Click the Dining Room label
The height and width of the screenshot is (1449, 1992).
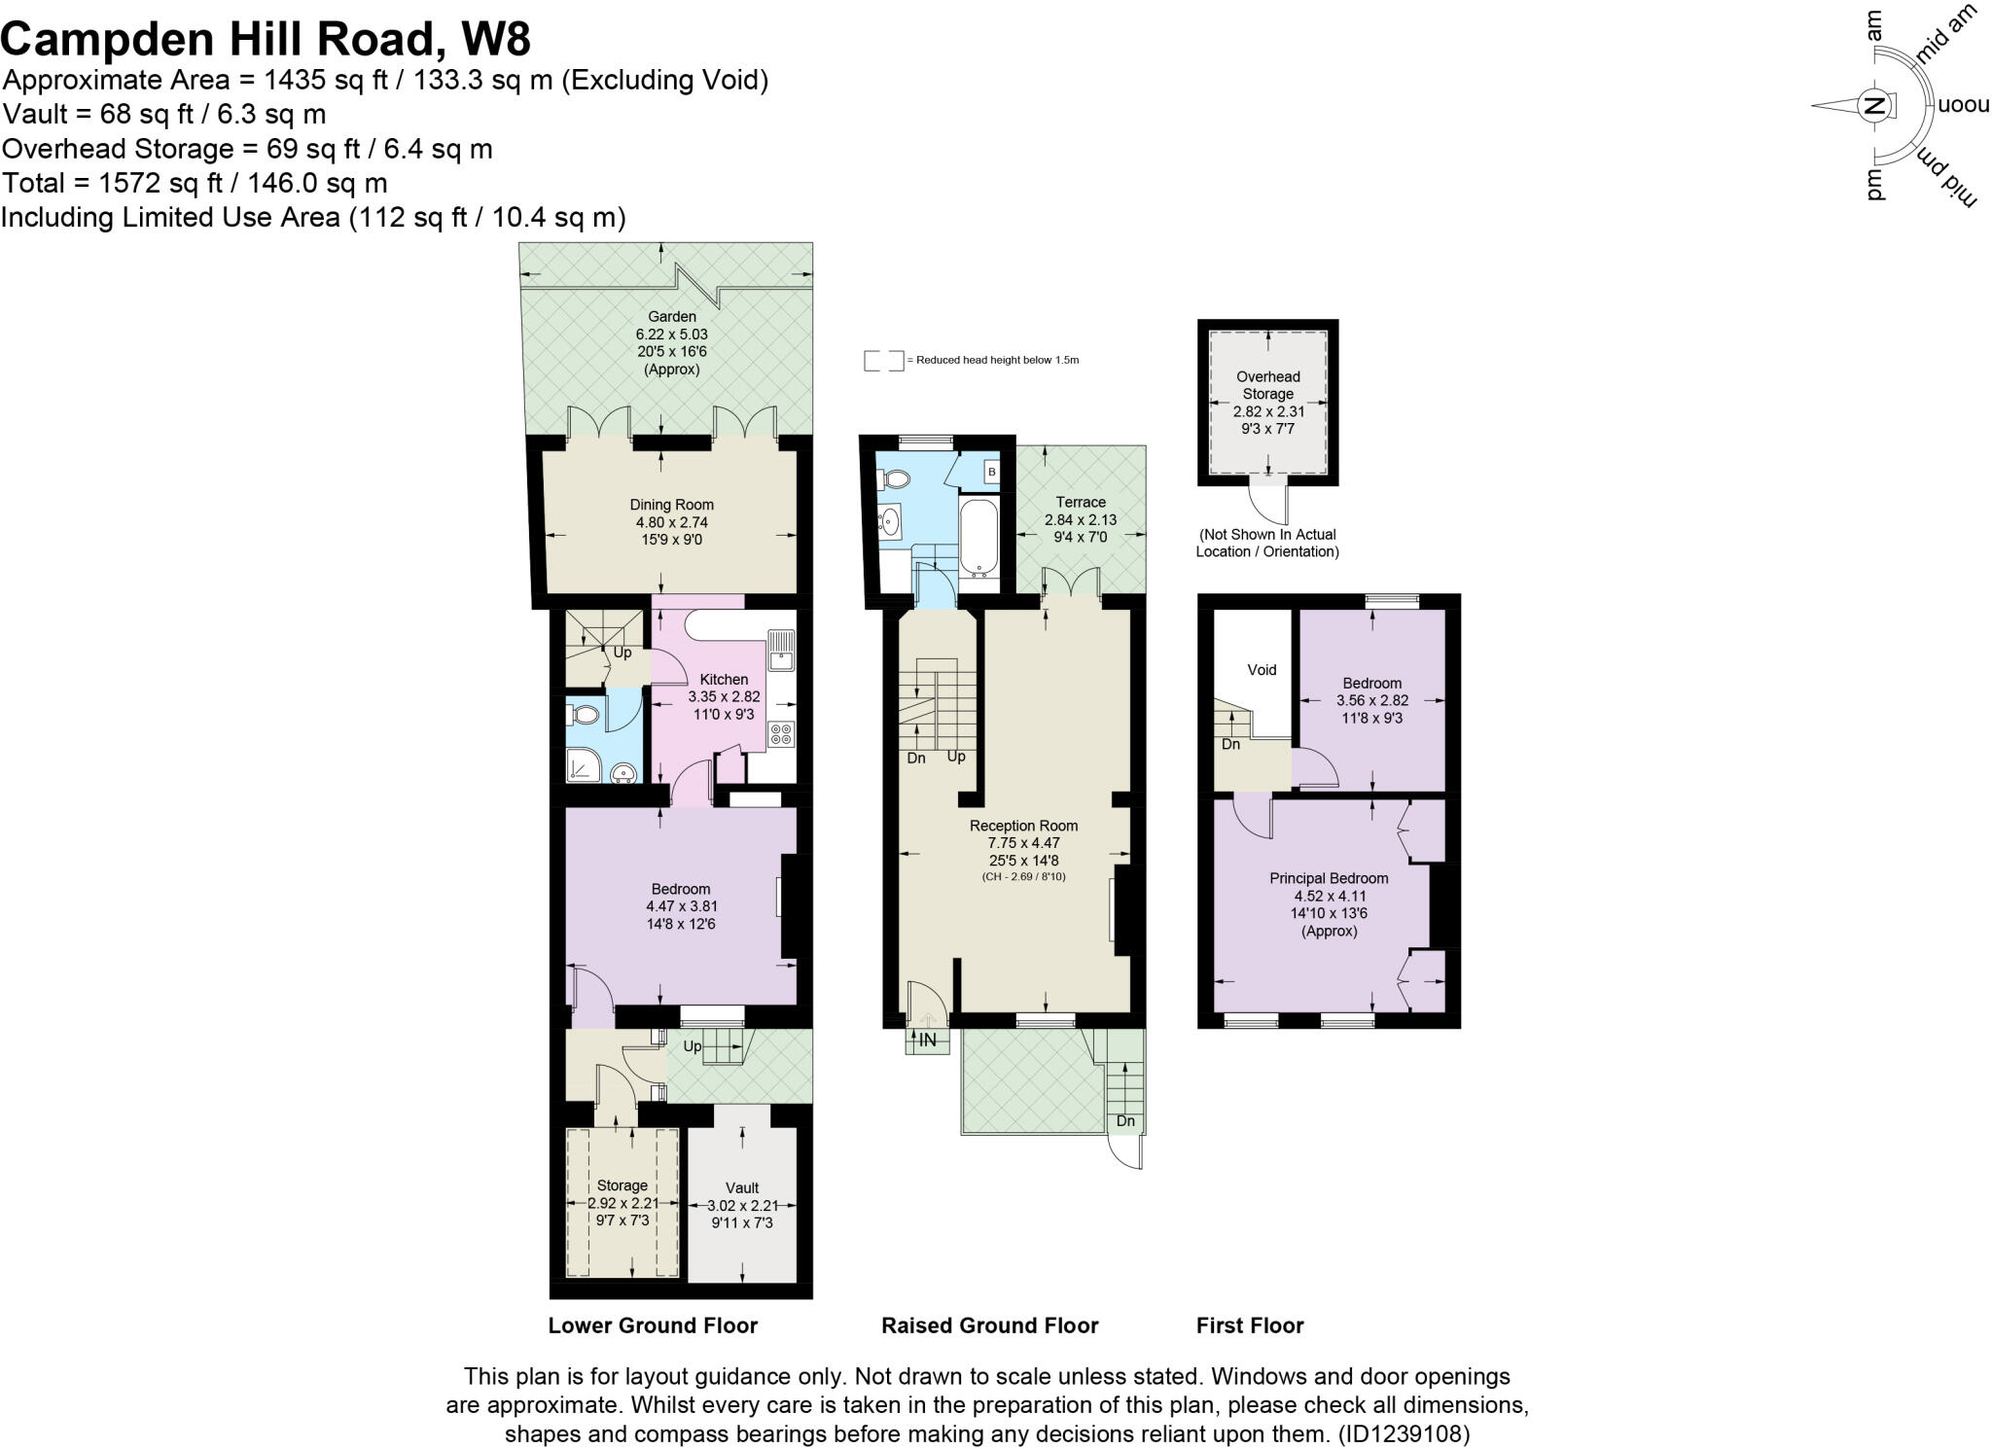point(671,505)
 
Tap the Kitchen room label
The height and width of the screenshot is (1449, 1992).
point(724,680)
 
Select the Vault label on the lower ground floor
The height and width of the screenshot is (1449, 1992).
point(742,1187)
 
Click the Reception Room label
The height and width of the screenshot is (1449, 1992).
point(1023,826)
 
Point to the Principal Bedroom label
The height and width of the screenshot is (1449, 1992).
point(1329,878)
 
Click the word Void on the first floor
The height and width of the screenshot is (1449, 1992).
point(1262,670)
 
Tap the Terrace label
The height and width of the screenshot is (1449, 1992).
point(1081,502)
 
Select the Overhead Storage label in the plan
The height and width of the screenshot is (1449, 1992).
point(1267,385)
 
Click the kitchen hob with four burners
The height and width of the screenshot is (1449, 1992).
point(780,734)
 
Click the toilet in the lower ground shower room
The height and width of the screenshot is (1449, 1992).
point(584,716)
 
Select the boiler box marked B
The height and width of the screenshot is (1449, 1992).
point(991,473)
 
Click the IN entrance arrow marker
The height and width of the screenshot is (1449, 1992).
point(927,1040)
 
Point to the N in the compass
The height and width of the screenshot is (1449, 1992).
point(1873,106)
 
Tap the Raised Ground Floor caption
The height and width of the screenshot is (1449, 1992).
point(989,1325)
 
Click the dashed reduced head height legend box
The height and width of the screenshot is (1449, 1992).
point(883,361)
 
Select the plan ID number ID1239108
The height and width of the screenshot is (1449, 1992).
point(1404,1433)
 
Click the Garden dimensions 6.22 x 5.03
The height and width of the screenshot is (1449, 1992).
point(671,335)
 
